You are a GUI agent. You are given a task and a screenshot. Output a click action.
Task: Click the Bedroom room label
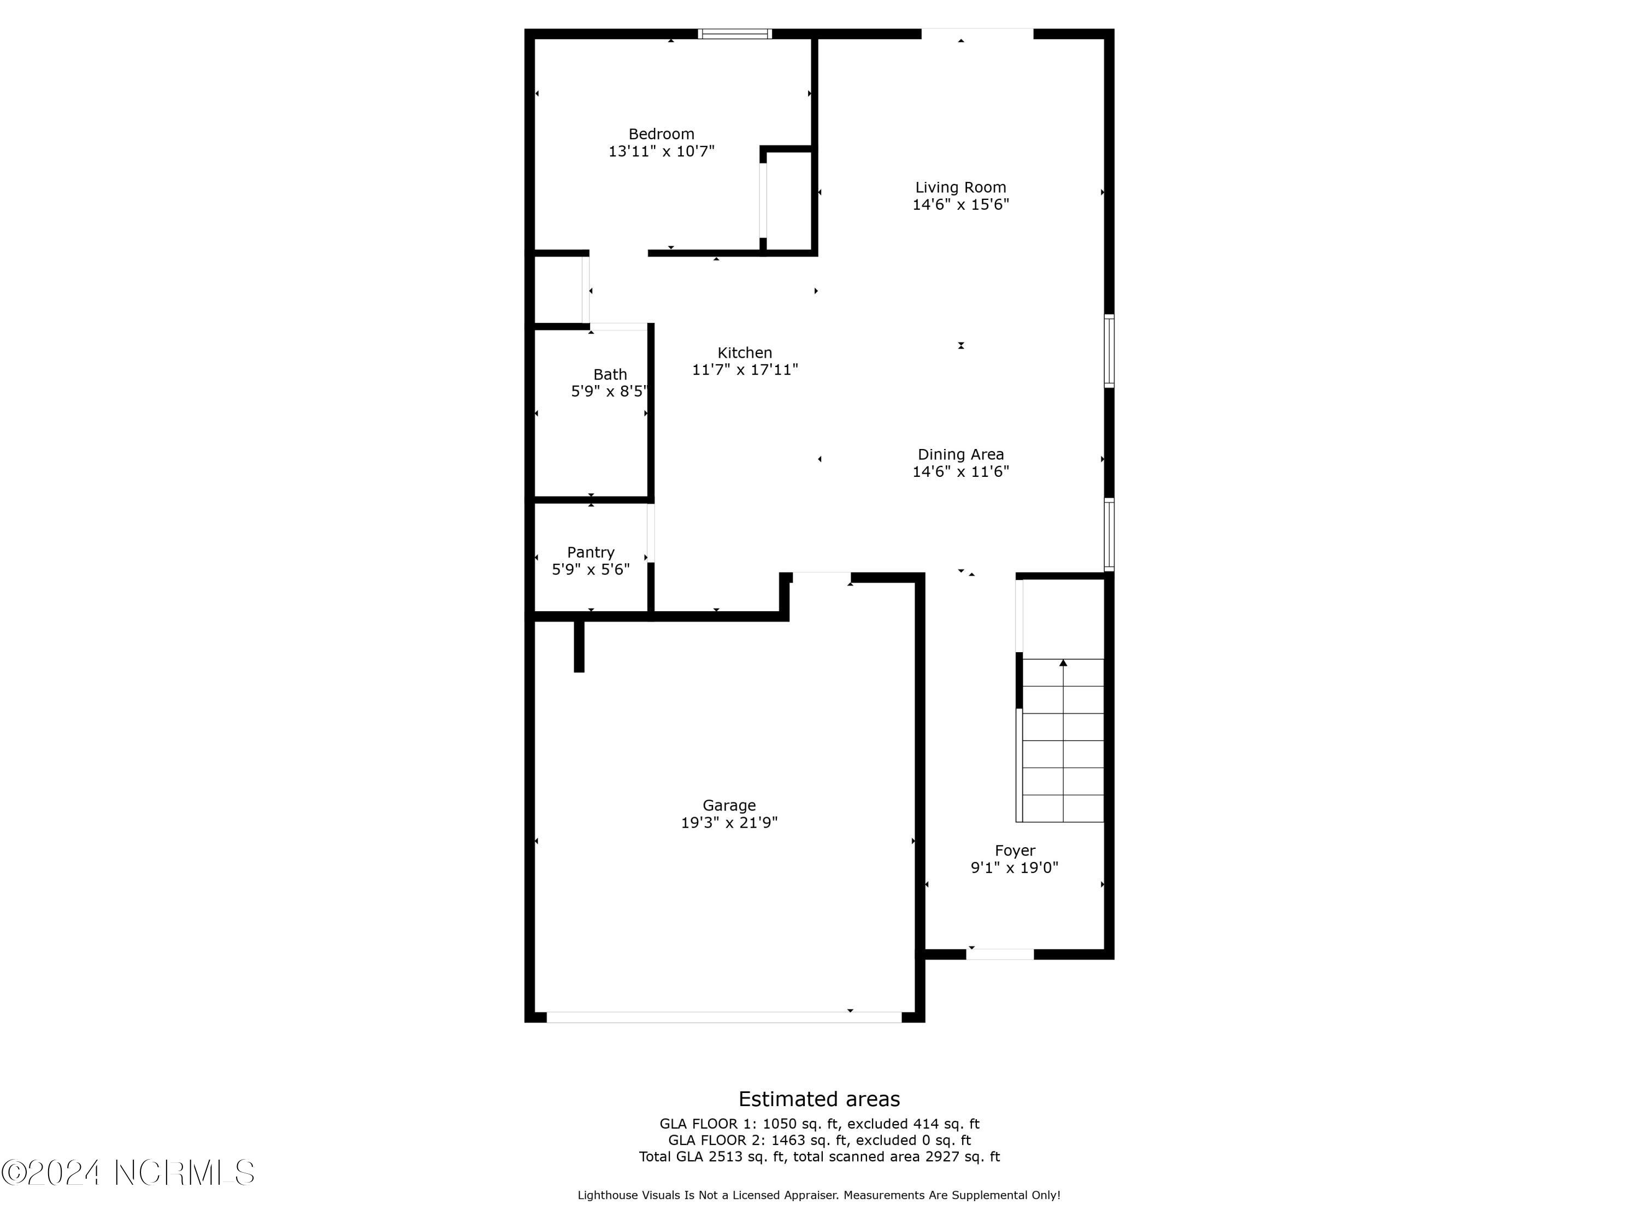(x=661, y=134)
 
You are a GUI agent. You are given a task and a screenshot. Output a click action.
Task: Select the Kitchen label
(x=745, y=353)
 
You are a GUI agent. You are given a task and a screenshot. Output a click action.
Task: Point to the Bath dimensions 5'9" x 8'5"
(x=609, y=392)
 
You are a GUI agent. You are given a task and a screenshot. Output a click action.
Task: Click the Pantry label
(x=591, y=552)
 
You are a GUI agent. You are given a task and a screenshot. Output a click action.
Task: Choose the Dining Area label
(x=960, y=454)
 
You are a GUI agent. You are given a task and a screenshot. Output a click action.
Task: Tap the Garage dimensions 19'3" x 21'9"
(x=729, y=822)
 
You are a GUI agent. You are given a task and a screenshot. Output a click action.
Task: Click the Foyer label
(x=1015, y=850)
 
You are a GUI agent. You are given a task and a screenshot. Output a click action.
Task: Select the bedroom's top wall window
(x=734, y=34)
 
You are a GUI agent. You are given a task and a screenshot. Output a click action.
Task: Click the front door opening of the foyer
(x=1000, y=954)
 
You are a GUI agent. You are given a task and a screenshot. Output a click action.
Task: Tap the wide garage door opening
(x=724, y=1017)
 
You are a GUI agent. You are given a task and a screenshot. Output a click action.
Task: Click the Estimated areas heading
(x=819, y=1098)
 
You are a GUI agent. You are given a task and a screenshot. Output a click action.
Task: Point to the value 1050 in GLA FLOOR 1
(x=778, y=1124)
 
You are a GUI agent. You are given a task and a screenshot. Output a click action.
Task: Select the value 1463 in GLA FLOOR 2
(x=786, y=1140)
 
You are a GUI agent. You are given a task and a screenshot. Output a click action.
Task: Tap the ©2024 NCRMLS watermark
(x=127, y=1173)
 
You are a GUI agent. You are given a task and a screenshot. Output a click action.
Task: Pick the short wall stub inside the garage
(x=579, y=646)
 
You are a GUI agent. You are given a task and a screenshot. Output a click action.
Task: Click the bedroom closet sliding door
(x=763, y=200)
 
